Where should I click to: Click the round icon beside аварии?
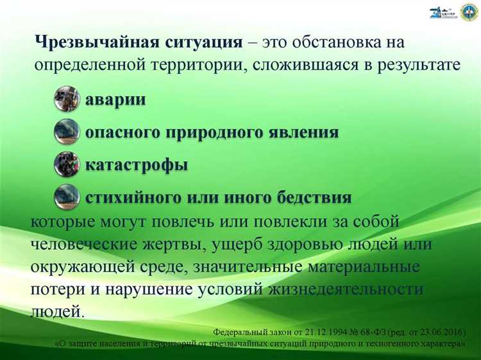(x=67, y=99)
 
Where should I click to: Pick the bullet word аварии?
(x=115, y=100)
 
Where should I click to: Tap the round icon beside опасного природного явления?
(x=67, y=131)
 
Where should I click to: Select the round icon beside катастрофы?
(x=67, y=164)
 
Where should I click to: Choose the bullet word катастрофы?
(x=137, y=165)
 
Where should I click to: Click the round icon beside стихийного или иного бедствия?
(x=67, y=196)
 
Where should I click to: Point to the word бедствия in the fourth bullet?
(x=315, y=197)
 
